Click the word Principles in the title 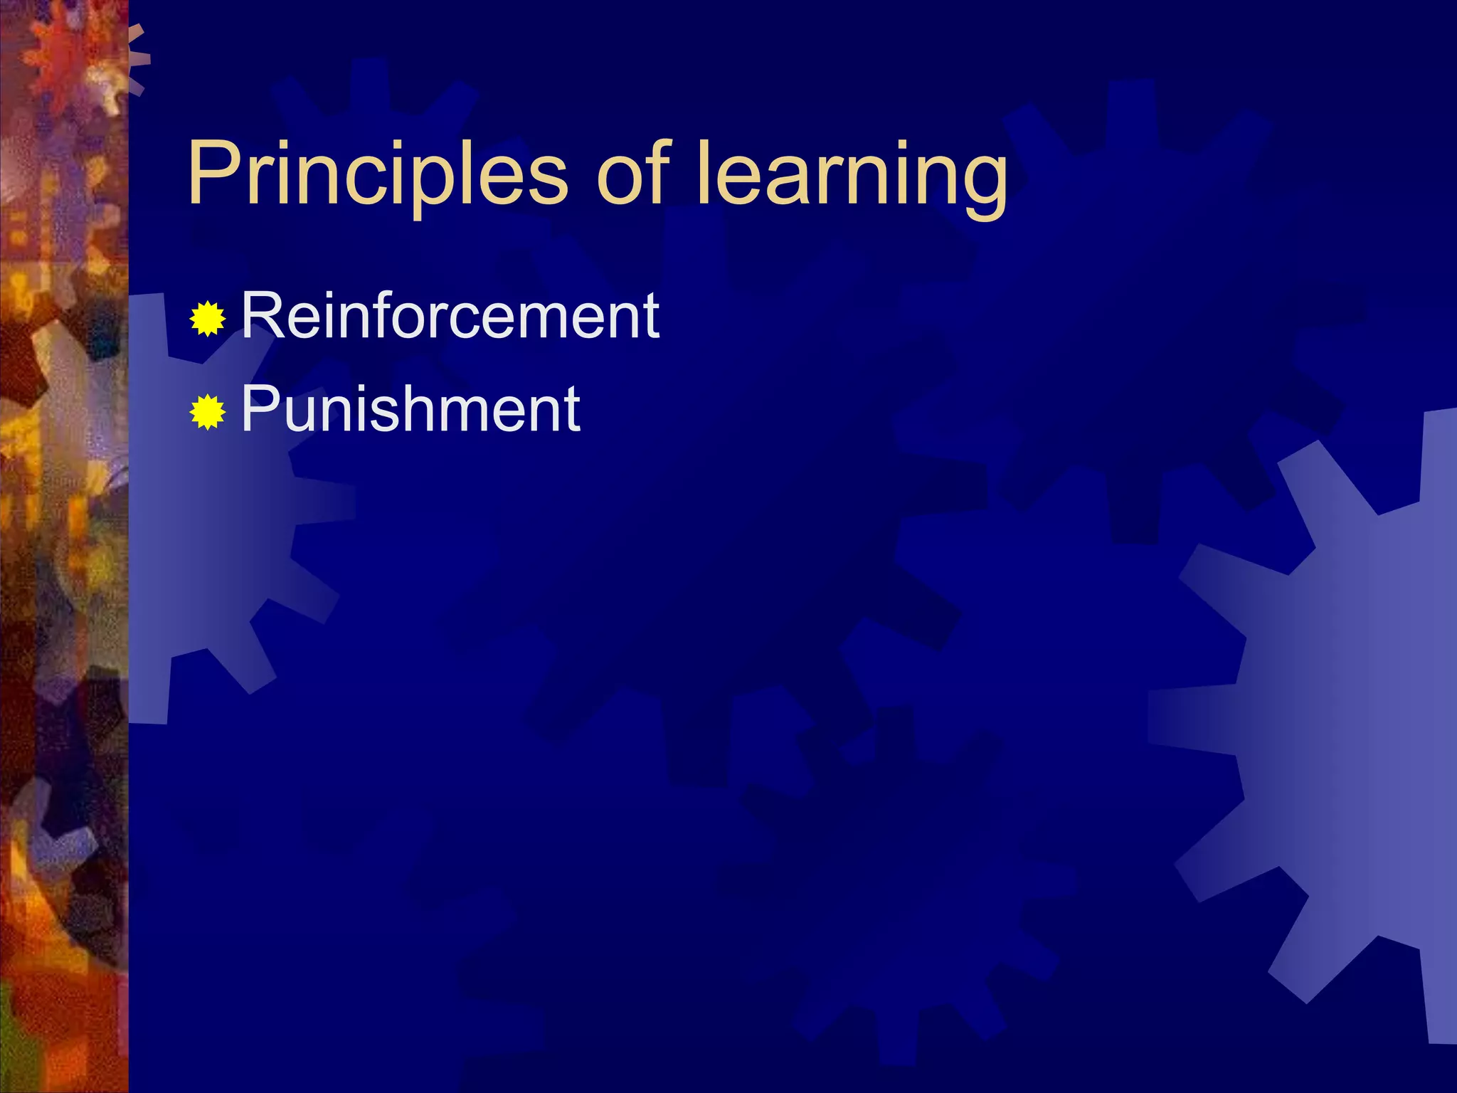pos(377,174)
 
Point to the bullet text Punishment pos(410,408)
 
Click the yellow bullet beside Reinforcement pos(207,319)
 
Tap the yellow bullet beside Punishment pos(207,412)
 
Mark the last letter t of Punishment pos(571,411)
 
